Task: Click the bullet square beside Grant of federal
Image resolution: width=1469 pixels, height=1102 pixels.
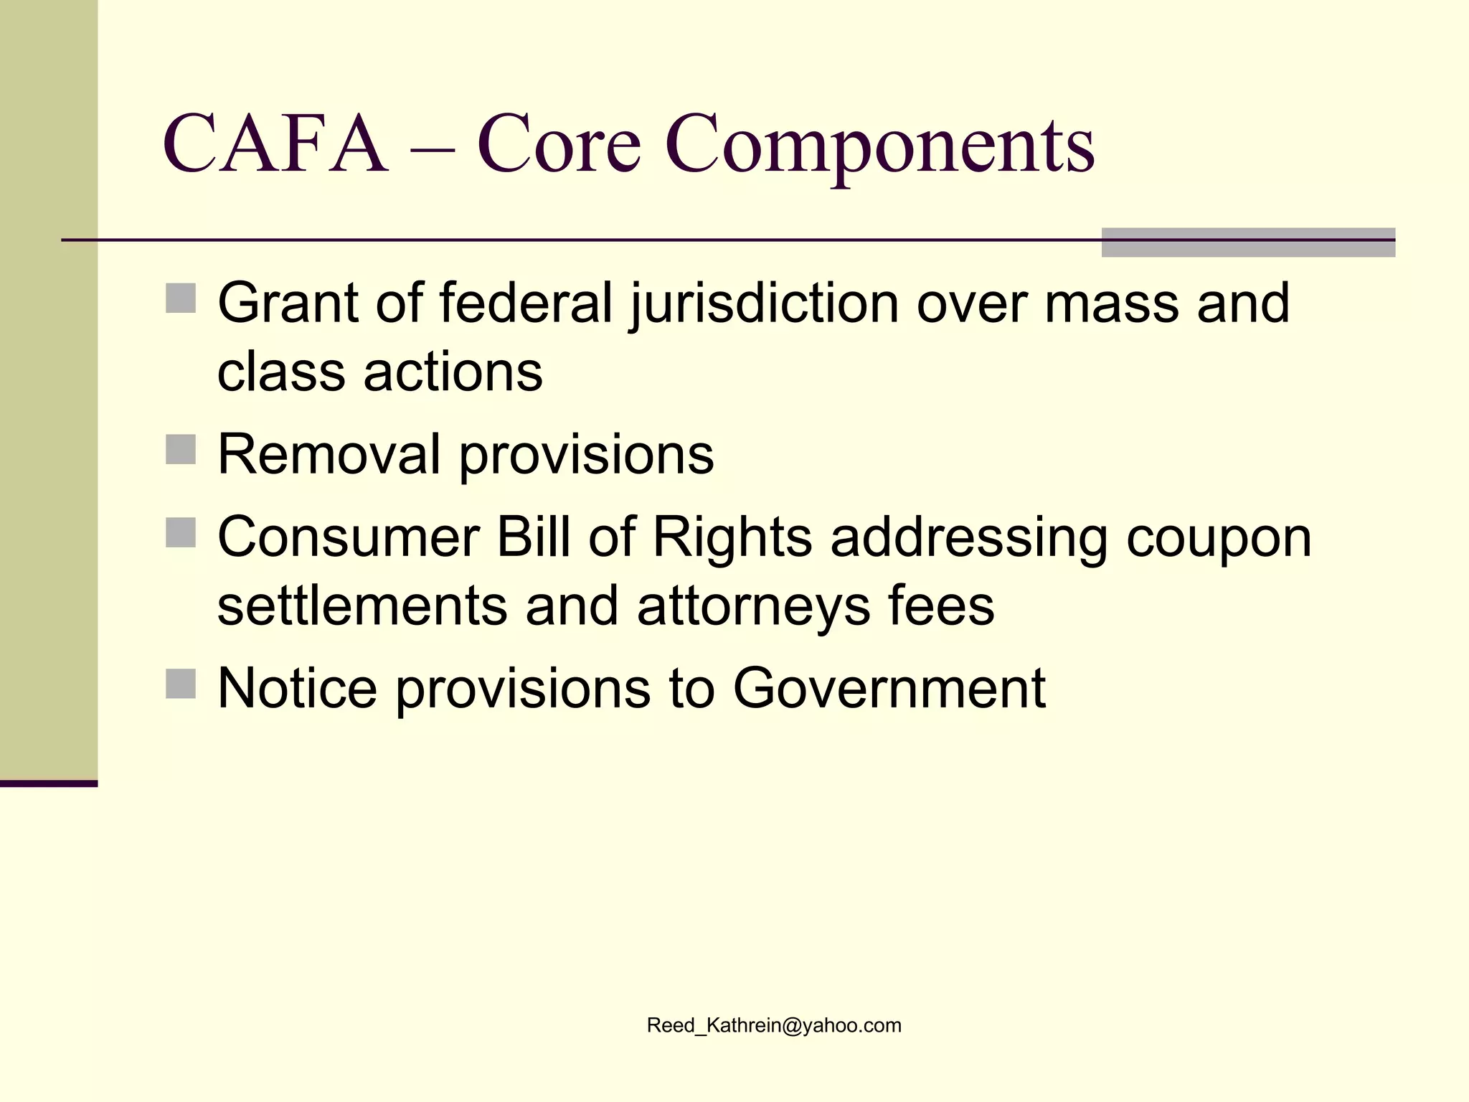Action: coord(181,298)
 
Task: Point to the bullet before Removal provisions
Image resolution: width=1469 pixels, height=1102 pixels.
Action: coord(181,450)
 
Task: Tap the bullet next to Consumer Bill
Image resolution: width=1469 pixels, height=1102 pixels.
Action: coord(181,532)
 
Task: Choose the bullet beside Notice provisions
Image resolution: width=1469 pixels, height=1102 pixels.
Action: coord(181,684)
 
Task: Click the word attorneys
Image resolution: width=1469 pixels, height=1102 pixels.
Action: coord(753,607)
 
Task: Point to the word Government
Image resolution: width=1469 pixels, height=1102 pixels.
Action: coord(889,687)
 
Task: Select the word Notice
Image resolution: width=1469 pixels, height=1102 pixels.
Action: coord(297,687)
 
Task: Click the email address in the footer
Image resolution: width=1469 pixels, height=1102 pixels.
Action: coord(774,1025)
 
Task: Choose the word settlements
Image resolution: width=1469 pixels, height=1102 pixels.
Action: coord(362,606)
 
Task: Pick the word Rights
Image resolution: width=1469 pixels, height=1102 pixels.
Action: coord(732,538)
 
